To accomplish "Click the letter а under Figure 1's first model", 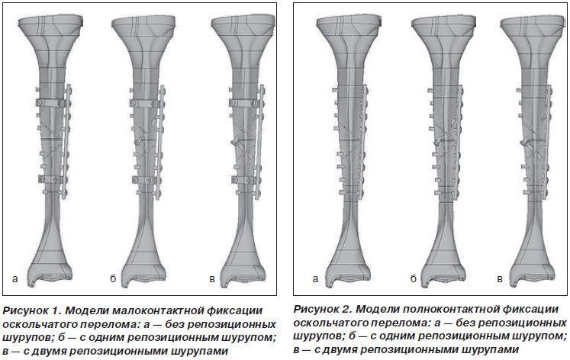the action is tap(15, 279).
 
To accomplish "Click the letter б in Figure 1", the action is tap(113, 278).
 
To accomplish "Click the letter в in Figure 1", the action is tap(212, 279).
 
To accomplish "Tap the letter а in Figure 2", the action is tap(315, 279).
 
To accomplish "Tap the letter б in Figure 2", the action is tap(414, 278).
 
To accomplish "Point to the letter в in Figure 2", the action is tap(500, 279).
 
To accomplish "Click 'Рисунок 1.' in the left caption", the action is tap(31, 311).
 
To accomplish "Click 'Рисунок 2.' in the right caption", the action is tap(323, 310).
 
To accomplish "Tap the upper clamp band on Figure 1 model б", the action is tap(144, 104).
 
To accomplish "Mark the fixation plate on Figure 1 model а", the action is tap(67, 142).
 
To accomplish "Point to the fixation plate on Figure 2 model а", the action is tap(362, 142).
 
